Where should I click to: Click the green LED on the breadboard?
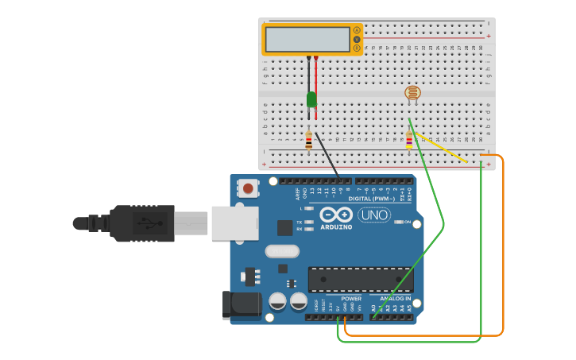(x=311, y=99)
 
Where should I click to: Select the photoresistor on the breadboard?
(x=412, y=93)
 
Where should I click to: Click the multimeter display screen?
(x=307, y=39)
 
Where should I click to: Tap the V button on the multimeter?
(x=357, y=39)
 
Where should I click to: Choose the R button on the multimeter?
(x=357, y=48)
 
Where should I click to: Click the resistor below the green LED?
(x=308, y=141)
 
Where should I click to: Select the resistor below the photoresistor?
(x=409, y=141)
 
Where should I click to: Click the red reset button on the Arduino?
(x=249, y=189)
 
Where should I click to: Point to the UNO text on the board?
(x=373, y=215)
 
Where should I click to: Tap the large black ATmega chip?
(x=360, y=279)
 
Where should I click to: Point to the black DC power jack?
(x=240, y=305)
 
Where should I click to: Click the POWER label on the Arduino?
(x=351, y=299)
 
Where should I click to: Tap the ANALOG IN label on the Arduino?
(x=395, y=299)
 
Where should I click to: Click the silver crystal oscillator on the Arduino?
(x=282, y=252)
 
